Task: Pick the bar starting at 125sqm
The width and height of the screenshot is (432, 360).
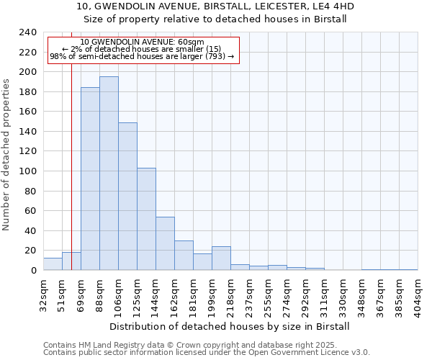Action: click(146, 219)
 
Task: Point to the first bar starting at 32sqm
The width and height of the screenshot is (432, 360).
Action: click(53, 264)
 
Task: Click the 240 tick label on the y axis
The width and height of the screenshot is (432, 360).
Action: click(28, 32)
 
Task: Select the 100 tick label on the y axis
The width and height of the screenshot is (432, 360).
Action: click(28, 171)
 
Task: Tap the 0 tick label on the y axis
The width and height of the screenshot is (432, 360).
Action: click(33, 271)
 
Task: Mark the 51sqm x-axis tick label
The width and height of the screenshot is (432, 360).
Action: click(63, 291)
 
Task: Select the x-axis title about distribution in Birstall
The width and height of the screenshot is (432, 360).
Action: click(230, 326)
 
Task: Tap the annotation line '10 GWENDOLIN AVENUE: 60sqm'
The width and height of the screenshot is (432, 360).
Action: click(142, 42)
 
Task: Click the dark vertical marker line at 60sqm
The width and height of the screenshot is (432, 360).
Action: click(71, 144)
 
